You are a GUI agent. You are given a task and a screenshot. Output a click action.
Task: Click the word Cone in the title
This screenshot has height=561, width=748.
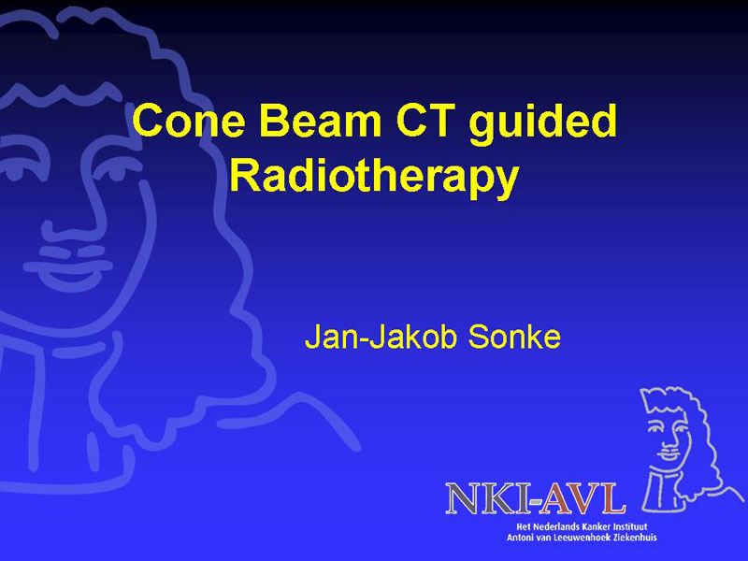tap(189, 121)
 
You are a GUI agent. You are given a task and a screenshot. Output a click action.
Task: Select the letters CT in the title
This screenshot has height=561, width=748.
tap(424, 121)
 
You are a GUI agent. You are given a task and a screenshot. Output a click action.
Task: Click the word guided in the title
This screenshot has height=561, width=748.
tap(543, 124)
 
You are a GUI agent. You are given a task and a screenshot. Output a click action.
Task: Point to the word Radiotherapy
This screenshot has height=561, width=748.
tap(374, 177)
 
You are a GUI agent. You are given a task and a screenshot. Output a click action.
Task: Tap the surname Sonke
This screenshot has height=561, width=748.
tap(513, 337)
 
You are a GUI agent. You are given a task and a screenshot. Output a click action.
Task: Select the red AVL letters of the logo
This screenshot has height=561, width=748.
tap(581, 499)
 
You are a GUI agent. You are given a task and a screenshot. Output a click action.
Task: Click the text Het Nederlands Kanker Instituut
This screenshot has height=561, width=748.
tap(582, 527)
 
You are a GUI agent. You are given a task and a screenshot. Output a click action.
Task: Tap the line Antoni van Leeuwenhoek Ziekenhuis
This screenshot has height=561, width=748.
tap(582, 538)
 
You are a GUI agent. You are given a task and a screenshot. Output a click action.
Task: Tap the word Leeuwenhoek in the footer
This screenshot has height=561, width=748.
tap(585, 538)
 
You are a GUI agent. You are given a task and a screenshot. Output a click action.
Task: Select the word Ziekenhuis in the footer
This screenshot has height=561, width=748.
tap(635, 538)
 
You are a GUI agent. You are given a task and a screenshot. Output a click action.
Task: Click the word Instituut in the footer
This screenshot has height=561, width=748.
tap(632, 527)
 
